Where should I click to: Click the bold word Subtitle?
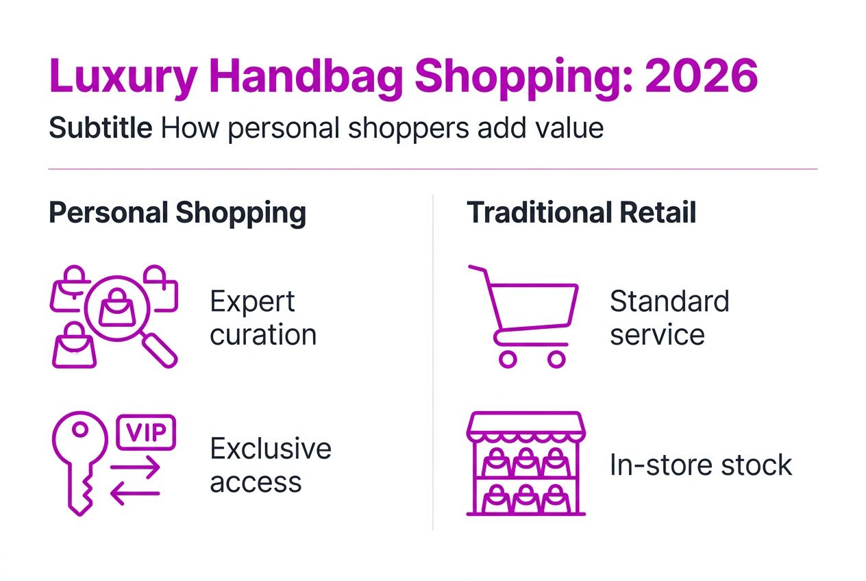click(101, 128)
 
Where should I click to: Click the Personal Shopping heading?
click(177, 213)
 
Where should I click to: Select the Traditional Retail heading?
click(581, 213)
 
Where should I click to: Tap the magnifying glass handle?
click(160, 350)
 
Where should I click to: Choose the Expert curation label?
click(263, 318)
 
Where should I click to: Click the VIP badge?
click(147, 432)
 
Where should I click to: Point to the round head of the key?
click(79, 432)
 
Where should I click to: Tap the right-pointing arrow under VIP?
click(136, 469)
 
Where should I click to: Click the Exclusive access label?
click(270, 465)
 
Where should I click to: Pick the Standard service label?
click(669, 318)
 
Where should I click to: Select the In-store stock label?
click(700, 465)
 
